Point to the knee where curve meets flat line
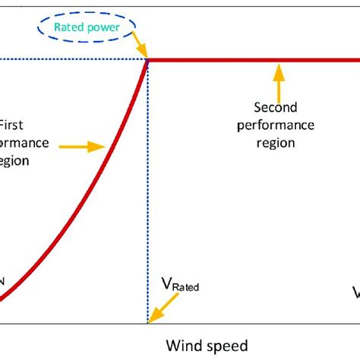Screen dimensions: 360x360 (147, 60)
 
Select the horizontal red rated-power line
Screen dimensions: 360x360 (251, 60)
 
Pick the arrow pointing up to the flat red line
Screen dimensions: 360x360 (279, 76)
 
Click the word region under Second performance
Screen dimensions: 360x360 (275, 141)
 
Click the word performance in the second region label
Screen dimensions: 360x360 (275, 125)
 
